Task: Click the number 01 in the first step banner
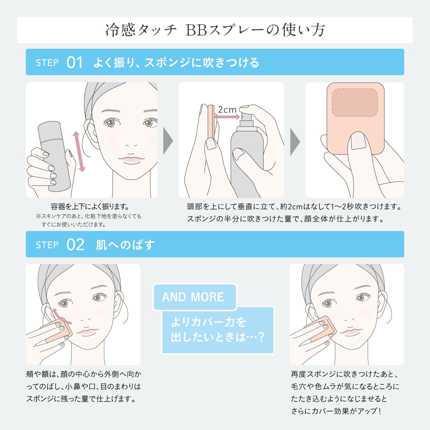click(x=75, y=62)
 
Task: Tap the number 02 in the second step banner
click(x=75, y=245)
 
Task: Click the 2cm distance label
click(x=227, y=110)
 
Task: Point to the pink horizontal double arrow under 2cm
click(x=227, y=117)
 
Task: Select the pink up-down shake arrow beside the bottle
click(x=79, y=151)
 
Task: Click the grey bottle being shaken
click(x=54, y=156)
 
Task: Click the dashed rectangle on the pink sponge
click(x=355, y=103)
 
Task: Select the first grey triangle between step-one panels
click(x=168, y=141)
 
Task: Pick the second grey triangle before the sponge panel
click(x=295, y=142)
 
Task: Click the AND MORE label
click(x=193, y=297)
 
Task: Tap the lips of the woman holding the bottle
click(x=131, y=159)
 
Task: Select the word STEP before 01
click(x=47, y=63)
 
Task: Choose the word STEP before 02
click(x=47, y=245)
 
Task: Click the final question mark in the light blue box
click(x=261, y=337)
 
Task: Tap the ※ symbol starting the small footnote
click(x=38, y=216)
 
